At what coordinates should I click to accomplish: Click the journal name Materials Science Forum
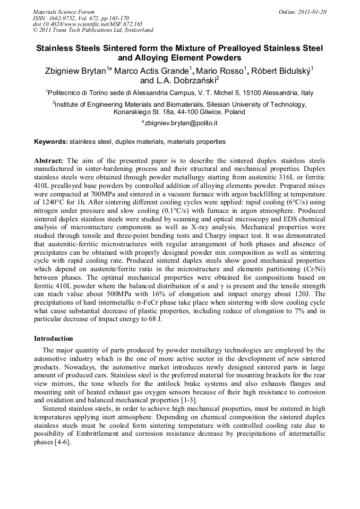(x=64, y=11)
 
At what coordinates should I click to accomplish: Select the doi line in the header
(x=88, y=24)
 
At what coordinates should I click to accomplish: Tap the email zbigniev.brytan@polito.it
(x=181, y=123)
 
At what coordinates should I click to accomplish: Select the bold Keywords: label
(x=51, y=142)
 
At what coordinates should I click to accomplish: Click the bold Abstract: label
(x=49, y=160)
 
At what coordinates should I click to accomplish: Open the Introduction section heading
(x=54, y=338)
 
